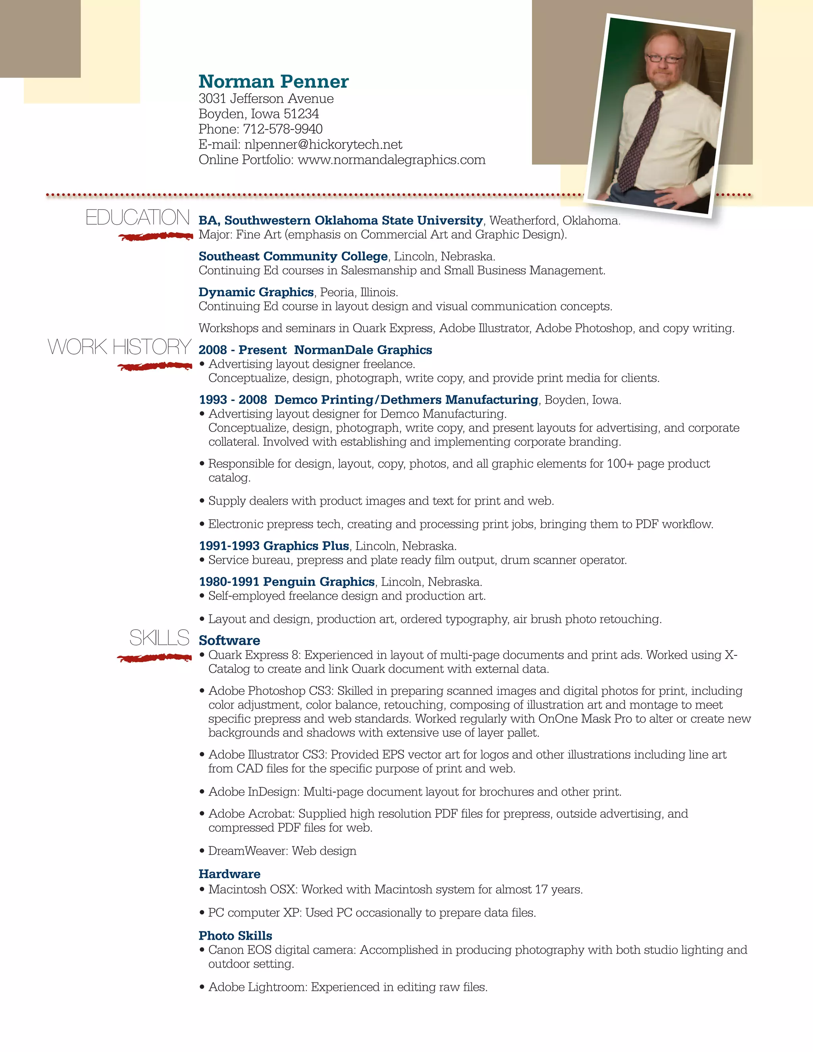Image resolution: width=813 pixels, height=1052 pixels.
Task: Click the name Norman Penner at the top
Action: (x=273, y=81)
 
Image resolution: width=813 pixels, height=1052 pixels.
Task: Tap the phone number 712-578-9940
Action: (x=283, y=129)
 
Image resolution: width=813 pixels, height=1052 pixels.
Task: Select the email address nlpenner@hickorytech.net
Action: (x=323, y=145)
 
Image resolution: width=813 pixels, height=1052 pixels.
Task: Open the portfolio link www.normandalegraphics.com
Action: (x=391, y=160)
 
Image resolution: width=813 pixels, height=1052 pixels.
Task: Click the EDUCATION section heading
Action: (x=137, y=218)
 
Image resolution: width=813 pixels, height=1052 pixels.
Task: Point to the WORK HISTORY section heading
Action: (x=119, y=347)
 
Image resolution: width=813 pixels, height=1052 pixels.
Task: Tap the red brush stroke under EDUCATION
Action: (x=156, y=236)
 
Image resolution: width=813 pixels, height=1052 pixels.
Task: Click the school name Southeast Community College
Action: (x=293, y=256)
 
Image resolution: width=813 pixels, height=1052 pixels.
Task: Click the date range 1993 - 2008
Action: (x=233, y=400)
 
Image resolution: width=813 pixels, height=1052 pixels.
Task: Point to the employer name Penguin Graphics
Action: (x=319, y=582)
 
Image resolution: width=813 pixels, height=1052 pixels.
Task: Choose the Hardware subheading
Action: (x=229, y=874)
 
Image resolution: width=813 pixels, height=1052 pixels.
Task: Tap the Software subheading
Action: (x=229, y=640)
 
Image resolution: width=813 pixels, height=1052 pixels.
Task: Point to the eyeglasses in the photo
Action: (x=663, y=59)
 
